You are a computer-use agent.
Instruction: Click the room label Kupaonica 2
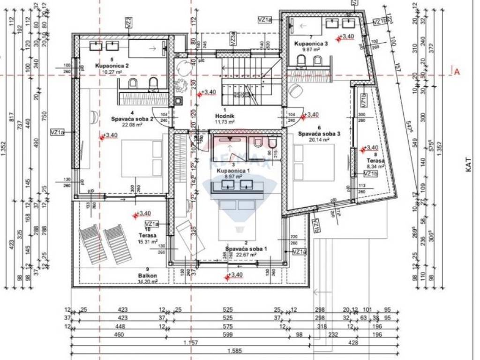[112, 66]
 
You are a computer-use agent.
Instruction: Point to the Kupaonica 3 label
[311, 43]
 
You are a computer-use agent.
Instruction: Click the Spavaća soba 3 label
[319, 133]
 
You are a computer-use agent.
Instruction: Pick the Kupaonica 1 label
[229, 171]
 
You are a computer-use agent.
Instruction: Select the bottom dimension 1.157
[193, 343]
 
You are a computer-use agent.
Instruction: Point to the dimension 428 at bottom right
[353, 343]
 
